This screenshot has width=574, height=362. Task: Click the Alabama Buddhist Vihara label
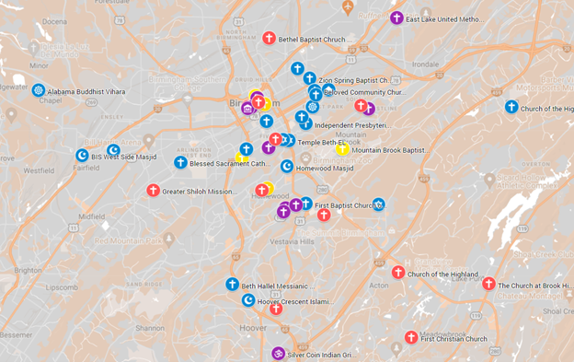pos(86,91)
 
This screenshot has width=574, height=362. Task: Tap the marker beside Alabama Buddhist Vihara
pos(39,90)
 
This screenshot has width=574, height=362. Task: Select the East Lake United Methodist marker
pos(396,18)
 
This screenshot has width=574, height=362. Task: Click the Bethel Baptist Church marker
pos(270,39)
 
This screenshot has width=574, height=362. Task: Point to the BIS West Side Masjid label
pos(125,158)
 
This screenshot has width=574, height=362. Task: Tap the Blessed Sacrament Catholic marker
pos(180,163)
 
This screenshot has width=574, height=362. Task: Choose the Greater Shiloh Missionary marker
pos(153,191)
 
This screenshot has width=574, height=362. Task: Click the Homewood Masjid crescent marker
pos(287,167)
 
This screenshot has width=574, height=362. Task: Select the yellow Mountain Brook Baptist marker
pos(342,149)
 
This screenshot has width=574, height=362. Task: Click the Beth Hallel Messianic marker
pos(233,285)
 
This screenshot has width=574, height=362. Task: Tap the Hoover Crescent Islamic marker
pos(248,300)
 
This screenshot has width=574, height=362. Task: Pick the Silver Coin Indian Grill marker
pos(278,354)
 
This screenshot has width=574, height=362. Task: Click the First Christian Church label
pos(453,339)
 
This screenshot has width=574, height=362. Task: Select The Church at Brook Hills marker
pos(488,285)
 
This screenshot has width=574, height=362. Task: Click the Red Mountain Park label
pos(128,240)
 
